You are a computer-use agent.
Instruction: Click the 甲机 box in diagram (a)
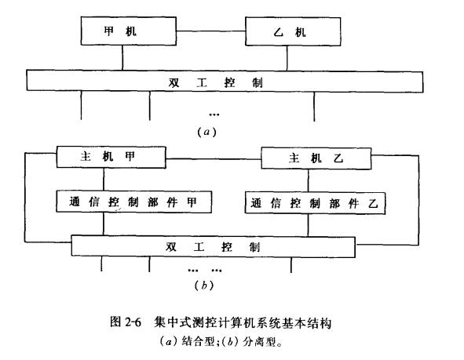coord(129,31)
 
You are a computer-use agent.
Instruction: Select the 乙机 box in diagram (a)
coord(293,31)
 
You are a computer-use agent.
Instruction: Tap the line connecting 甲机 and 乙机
coord(211,31)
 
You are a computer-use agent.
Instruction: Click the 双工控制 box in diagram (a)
coord(225,82)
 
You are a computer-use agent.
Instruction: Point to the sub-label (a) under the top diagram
coord(206,132)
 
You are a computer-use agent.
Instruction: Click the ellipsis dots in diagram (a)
coord(214,115)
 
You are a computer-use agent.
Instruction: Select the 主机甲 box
coord(111,157)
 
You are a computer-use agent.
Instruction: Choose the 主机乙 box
coord(316,158)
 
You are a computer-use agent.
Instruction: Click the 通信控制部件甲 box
coord(134,202)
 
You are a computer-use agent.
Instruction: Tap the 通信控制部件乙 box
coord(315,203)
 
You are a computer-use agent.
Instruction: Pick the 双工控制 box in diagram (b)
coord(213,246)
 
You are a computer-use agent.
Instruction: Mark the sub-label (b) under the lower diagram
coord(204,285)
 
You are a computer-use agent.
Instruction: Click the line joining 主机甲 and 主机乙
coord(214,159)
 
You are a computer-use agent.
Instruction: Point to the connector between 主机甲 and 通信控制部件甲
coord(104,180)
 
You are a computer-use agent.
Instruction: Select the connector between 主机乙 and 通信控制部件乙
coord(308,181)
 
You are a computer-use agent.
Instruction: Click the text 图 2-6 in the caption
coord(125,322)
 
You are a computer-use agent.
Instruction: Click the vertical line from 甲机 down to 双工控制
coord(122,57)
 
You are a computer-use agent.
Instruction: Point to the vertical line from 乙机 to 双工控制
coord(287,58)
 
